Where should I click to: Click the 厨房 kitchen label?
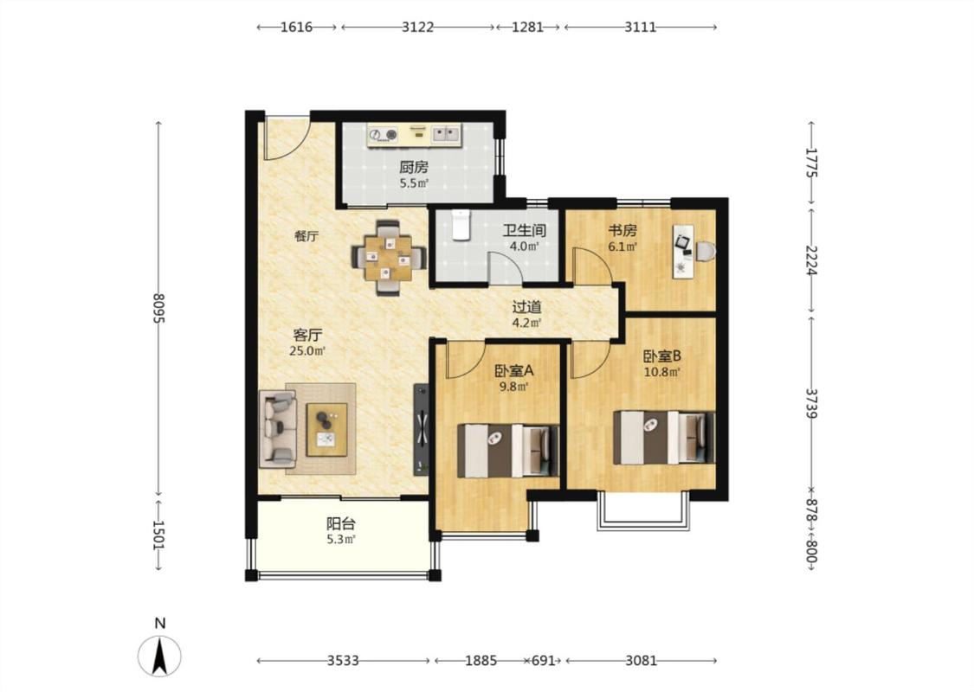coord(414,167)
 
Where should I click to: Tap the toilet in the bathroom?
coord(461,224)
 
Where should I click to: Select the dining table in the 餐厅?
coord(389,258)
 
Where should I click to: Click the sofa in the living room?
coord(277,429)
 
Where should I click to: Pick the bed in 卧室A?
coord(508,450)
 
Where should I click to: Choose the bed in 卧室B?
coord(664,437)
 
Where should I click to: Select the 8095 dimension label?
coord(159,308)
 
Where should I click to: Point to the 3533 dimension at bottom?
coord(343,661)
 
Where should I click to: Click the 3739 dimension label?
coord(811,404)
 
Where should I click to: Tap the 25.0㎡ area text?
coord(307,351)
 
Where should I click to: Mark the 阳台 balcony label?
coord(341,524)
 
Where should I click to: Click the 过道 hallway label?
coord(526,306)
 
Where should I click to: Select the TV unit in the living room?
coord(421,430)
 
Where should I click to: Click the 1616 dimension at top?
coord(296,28)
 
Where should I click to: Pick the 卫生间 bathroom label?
coord(525,230)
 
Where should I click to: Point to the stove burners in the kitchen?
coord(383,133)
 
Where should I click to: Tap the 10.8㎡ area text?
coord(661,372)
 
